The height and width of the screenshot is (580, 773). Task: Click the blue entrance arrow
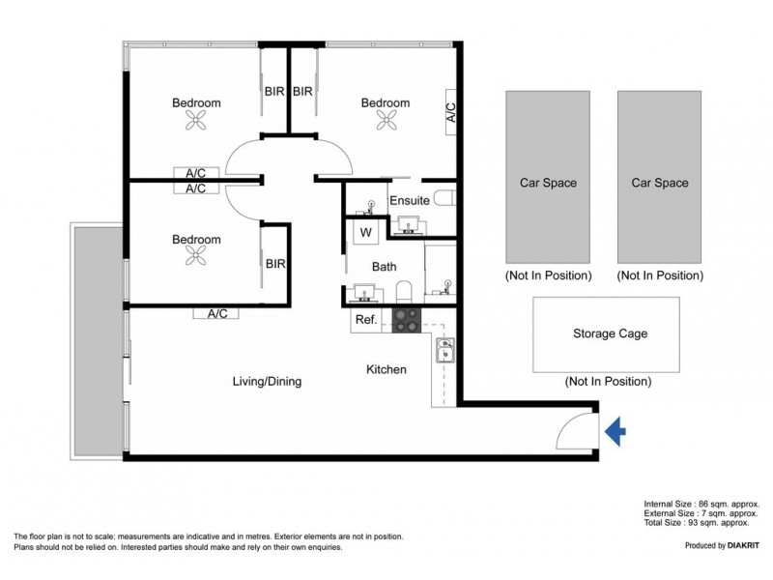point(615,432)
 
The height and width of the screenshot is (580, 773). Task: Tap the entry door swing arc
point(579,425)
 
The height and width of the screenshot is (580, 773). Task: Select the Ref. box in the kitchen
point(366,320)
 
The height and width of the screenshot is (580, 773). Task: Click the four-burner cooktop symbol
point(405,320)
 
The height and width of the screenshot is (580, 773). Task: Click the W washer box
point(366,232)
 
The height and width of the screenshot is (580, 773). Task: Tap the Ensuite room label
point(409,201)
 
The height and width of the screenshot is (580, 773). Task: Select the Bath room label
point(384,266)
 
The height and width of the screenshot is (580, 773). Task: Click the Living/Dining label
point(267,381)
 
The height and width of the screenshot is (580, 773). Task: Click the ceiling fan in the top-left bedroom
point(197,121)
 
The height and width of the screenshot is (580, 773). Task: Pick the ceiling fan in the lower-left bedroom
point(197,256)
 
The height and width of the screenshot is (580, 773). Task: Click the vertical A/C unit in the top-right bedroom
point(450,114)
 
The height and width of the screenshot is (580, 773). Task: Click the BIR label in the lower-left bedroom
point(274,263)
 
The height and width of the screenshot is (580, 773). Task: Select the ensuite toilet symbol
point(445,199)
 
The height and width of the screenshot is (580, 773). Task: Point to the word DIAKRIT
point(739,546)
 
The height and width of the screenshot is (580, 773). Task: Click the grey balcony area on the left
point(96,338)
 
